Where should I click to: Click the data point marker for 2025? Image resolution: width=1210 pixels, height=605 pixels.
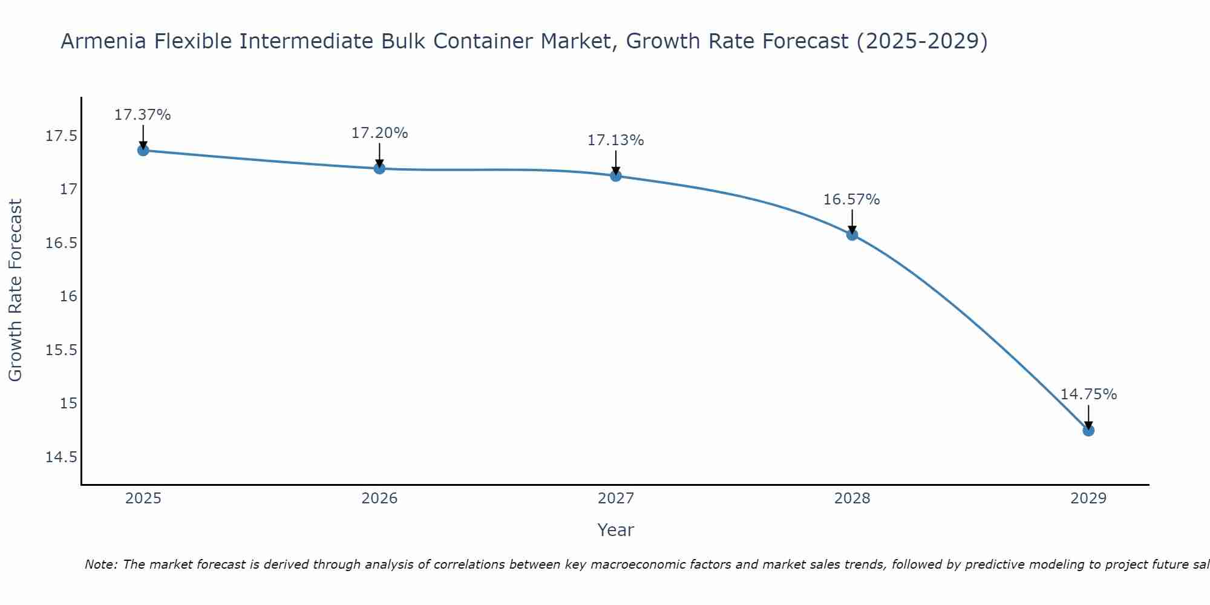(143, 150)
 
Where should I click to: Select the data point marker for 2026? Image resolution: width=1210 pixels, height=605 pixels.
(379, 168)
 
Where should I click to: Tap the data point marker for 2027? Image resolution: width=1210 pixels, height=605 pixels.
(616, 176)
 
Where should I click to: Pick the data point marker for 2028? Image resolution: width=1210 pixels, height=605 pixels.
(852, 235)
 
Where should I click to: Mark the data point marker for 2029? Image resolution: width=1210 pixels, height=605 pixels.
(1088, 430)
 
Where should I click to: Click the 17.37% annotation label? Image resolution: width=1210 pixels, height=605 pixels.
(143, 115)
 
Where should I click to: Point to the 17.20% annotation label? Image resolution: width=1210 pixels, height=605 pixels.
(379, 133)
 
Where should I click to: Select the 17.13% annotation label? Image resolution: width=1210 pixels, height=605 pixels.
(616, 140)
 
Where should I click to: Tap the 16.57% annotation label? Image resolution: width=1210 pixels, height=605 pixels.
(852, 200)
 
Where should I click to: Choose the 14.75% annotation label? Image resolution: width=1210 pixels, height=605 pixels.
(1088, 394)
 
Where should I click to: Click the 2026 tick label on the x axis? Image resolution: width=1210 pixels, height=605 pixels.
(379, 499)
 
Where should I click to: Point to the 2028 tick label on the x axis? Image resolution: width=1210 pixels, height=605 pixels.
(852, 499)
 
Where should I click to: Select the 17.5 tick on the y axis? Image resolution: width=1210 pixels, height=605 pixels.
(62, 136)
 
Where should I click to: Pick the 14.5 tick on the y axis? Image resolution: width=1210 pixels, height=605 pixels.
(62, 457)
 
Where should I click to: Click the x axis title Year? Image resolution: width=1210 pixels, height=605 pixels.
(615, 530)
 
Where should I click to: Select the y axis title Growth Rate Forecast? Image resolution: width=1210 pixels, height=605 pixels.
(15, 290)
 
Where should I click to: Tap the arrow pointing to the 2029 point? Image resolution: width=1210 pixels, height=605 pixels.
(1088, 416)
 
